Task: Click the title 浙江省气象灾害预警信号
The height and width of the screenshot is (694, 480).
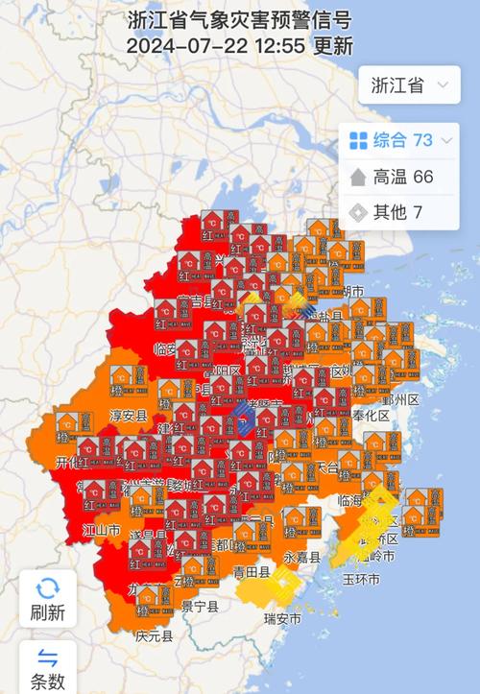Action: click(239, 18)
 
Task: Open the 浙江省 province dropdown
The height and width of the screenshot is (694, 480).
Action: click(409, 84)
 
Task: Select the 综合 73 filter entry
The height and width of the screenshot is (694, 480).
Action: click(400, 141)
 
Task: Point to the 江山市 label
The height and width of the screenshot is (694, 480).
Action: click(100, 531)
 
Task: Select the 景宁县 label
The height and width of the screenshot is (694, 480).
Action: click(199, 606)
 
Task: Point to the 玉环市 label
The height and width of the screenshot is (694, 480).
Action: click(361, 580)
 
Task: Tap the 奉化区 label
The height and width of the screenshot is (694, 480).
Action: click(370, 416)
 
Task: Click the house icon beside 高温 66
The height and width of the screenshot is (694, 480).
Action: click(358, 177)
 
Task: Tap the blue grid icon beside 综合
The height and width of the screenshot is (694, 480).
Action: click(358, 141)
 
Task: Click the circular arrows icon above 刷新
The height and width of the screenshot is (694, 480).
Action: click(48, 586)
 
